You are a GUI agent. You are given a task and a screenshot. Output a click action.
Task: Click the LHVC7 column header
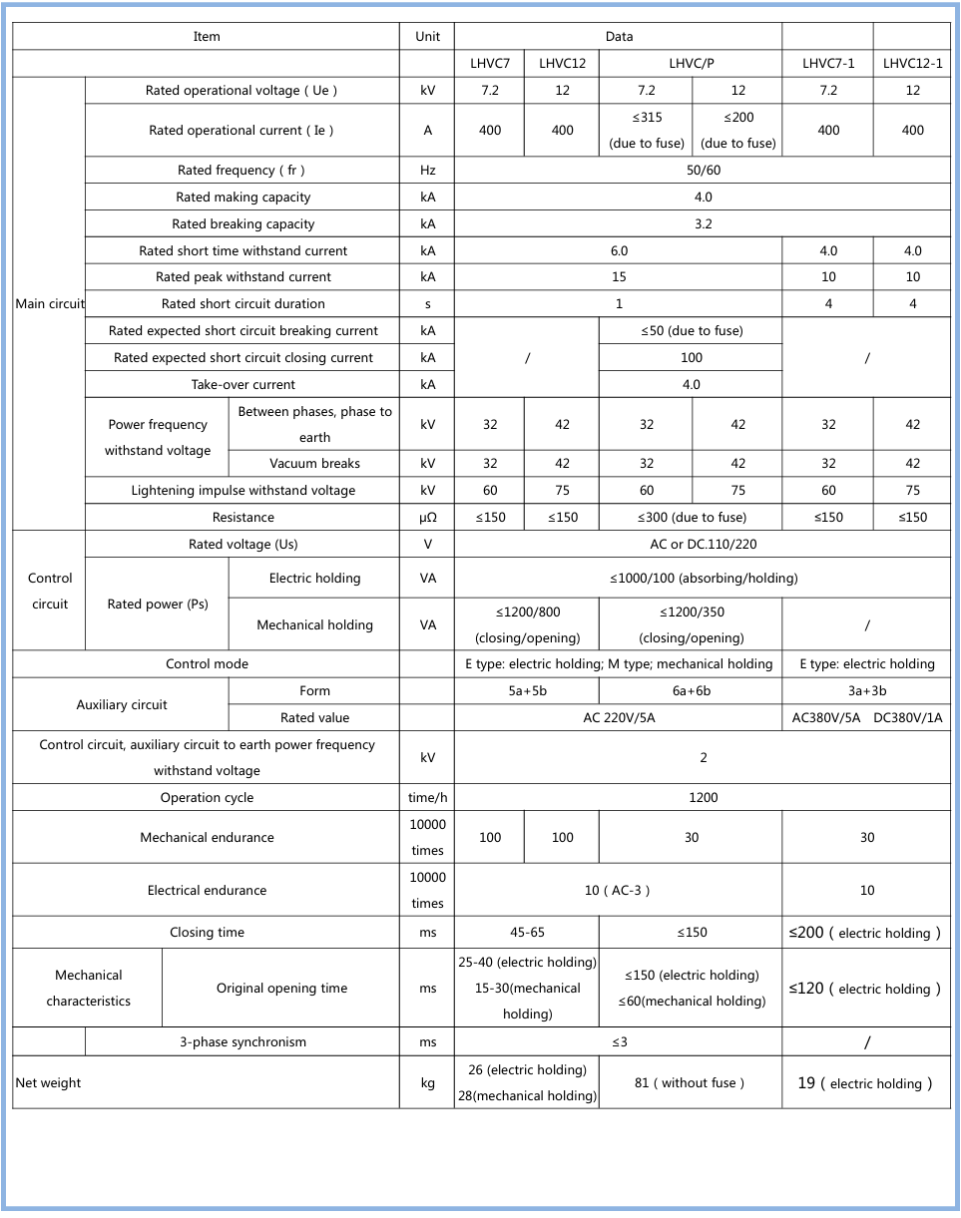click(x=490, y=64)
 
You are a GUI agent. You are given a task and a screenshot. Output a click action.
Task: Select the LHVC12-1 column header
click(x=912, y=64)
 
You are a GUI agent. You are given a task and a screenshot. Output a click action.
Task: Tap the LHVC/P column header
click(x=691, y=64)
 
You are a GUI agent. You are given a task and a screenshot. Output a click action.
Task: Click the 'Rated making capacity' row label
click(x=242, y=198)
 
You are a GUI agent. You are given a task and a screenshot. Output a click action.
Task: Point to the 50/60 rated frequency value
click(x=703, y=171)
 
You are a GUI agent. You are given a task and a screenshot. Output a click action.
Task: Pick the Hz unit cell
click(x=427, y=171)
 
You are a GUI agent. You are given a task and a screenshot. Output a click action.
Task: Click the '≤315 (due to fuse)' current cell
click(x=647, y=131)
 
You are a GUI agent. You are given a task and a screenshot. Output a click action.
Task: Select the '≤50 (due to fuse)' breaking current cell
click(x=691, y=331)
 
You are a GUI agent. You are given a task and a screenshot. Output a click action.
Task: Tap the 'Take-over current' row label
click(x=242, y=385)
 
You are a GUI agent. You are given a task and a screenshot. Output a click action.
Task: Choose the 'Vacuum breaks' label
click(x=314, y=464)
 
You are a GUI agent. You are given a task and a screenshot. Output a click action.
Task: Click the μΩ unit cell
click(x=427, y=518)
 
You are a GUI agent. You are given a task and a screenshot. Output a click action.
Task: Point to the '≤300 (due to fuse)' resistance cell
click(x=691, y=518)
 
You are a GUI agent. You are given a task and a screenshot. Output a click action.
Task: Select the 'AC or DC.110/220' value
click(x=703, y=545)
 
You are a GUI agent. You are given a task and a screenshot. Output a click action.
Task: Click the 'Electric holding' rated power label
click(x=314, y=579)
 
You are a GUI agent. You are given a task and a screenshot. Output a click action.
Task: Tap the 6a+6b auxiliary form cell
click(x=691, y=691)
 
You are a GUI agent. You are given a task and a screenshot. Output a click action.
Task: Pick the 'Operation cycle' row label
click(x=207, y=798)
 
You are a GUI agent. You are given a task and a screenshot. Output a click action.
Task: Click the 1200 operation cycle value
click(x=703, y=798)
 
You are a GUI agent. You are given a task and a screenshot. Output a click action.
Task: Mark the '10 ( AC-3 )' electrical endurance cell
click(x=618, y=891)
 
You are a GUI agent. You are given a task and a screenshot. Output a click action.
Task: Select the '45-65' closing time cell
click(x=527, y=933)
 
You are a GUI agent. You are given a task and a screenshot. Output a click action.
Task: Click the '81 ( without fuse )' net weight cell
click(x=691, y=1083)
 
